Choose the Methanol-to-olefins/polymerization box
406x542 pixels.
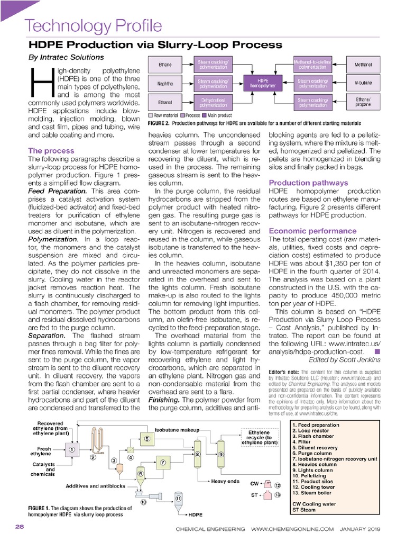click(x=313, y=65)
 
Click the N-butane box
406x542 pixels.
click(x=363, y=83)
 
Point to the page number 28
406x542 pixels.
click(x=19, y=527)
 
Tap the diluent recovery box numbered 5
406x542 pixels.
click(x=146, y=438)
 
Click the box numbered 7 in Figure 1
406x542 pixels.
click(x=163, y=463)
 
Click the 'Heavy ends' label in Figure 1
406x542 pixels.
click(x=226, y=481)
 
